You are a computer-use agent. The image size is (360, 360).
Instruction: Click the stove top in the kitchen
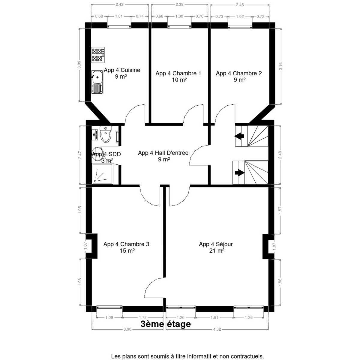pos(98,55)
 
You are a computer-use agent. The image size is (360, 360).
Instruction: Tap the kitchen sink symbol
pos(97,82)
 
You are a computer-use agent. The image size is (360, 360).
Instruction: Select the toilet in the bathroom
pos(106,134)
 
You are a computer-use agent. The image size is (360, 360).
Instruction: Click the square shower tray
pos(103,173)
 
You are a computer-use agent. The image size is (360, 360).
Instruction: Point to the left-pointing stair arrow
pos(239,136)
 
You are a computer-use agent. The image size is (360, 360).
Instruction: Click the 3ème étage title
pos(166,324)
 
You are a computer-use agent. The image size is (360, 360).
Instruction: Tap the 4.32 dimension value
pos(217,334)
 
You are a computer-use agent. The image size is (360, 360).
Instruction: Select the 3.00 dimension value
pos(127,334)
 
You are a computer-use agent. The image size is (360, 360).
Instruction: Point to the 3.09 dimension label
pos(79,64)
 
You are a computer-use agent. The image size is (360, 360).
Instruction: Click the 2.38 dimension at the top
pos(179,5)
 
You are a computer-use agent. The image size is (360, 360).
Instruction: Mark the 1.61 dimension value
pos(214,317)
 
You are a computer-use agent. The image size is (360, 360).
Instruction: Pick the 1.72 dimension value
pos(143,317)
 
